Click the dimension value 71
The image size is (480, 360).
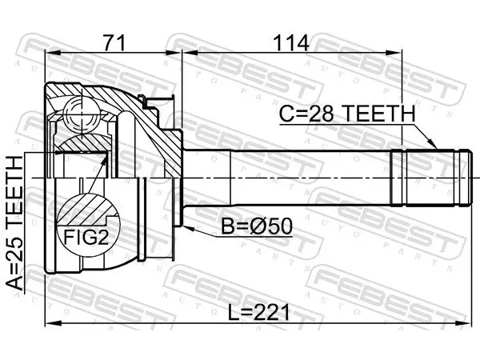point(114,43)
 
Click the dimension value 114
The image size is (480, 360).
point(291,43)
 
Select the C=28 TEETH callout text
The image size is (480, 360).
point(347,114)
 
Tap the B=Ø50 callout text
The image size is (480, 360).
point(257,226)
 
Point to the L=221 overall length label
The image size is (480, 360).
point(259,313)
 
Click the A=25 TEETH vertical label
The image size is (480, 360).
point(14,223)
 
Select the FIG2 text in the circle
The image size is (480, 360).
point(86,237)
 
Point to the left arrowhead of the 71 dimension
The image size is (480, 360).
point(53,53)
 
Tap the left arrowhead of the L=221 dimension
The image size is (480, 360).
point(53,322)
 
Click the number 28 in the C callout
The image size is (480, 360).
point(321,114)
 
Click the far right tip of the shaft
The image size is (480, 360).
point(471,178)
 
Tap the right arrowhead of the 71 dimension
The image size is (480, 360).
point(174,53)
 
